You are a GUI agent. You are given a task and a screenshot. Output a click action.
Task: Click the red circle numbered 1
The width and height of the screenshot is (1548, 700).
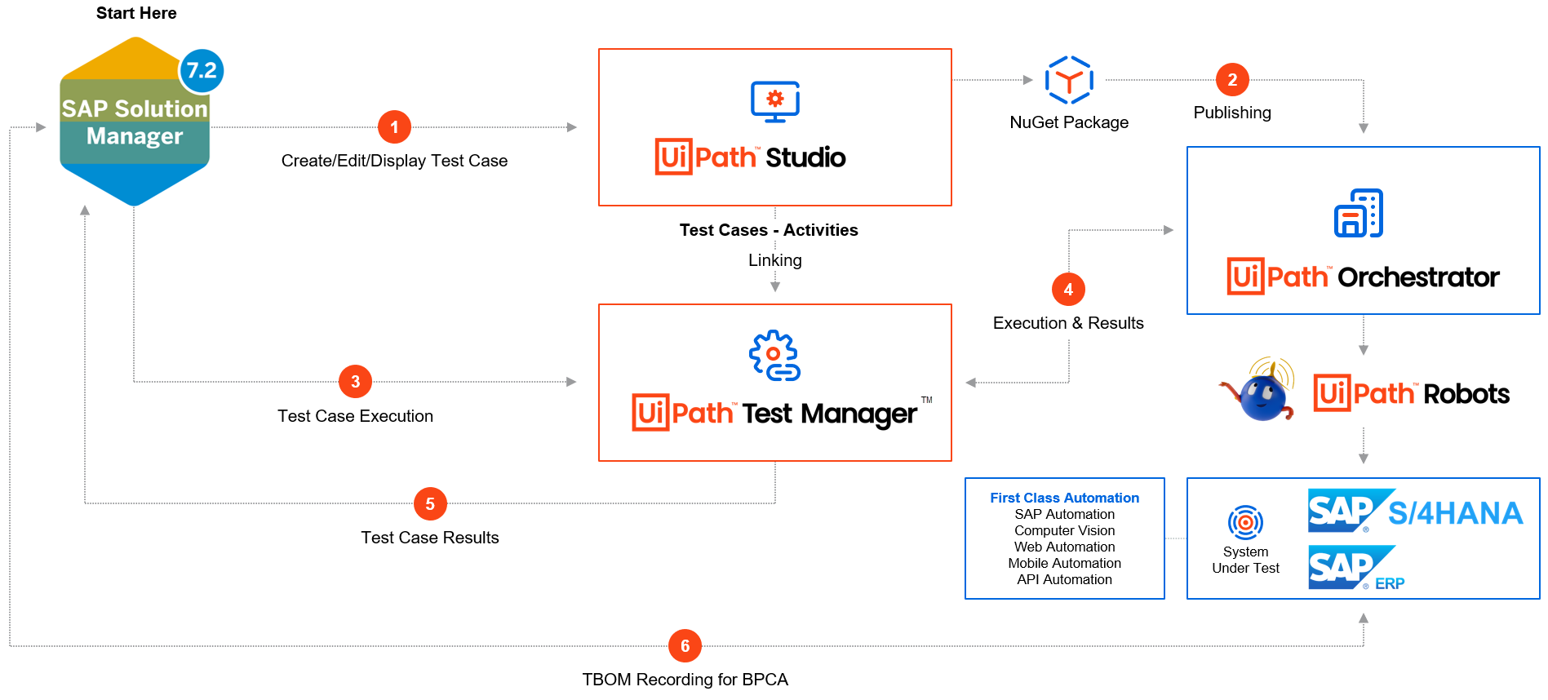click(x=394, y=127)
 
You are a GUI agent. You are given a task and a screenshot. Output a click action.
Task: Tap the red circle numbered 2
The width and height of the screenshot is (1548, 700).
click(x=1232, y=80)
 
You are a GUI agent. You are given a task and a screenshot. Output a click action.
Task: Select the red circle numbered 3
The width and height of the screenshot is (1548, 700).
click(x=355, y=382)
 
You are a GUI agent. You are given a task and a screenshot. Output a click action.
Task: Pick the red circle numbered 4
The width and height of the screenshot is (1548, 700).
click(x=1068, y=290)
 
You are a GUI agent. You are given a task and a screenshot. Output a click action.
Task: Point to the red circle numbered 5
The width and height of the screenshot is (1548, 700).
click(x=430, y=504)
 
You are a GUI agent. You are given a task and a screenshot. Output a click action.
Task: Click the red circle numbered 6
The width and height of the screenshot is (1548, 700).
click(x=685, y=646)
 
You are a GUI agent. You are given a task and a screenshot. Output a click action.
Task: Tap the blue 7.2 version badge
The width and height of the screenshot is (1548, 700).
click(x=202, y=71)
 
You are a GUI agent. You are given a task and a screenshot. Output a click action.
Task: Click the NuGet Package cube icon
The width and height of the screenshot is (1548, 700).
click(x=1069, y=80)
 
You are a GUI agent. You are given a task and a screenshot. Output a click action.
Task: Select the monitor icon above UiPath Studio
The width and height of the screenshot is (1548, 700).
click(x=774, y=102)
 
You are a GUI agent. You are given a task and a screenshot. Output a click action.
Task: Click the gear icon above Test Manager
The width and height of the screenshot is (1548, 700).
click(x=774, y=356)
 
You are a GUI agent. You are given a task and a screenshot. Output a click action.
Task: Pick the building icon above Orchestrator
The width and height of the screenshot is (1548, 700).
click(x=1358, y=214)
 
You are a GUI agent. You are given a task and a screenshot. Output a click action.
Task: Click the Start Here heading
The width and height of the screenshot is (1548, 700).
click(x=136, y=13)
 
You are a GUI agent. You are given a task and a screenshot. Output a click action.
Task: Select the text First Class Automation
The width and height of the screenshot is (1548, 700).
click(x=1064, y=498)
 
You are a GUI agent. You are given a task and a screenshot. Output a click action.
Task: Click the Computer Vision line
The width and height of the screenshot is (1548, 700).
click(x=1064, y=530)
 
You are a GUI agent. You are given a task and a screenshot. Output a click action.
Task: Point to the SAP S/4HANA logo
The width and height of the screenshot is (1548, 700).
click(x=1415, y=511)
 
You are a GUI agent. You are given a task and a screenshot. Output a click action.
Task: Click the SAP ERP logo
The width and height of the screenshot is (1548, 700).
click(x=1355, y=569)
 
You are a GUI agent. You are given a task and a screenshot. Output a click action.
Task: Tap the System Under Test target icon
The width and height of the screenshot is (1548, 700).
click(x=1245, y=522)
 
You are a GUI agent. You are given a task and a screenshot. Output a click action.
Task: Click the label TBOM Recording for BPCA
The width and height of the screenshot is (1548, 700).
click(x=685, y=680)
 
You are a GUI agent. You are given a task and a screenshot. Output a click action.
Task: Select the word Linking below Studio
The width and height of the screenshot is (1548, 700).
click(x=774, y=260)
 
